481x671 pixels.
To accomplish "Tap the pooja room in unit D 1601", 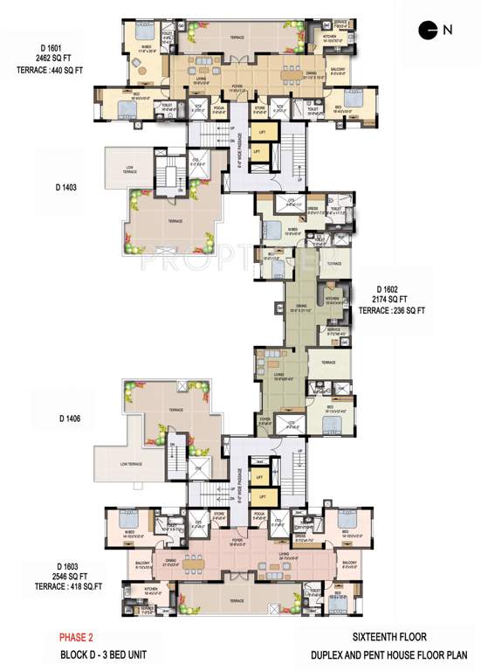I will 222,110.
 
